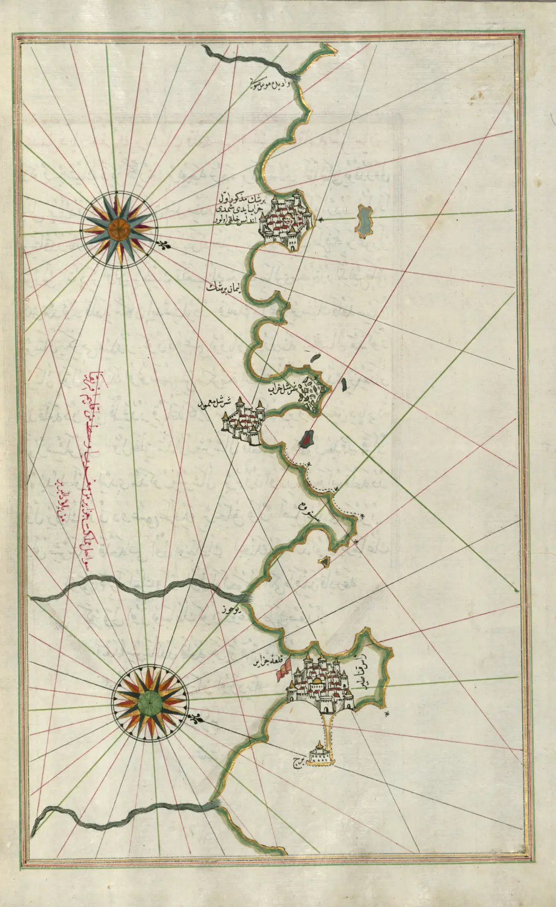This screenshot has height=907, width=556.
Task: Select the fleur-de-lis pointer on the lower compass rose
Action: click(x=196, y=718)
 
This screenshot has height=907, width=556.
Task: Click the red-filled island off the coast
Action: click(x=306, y=438)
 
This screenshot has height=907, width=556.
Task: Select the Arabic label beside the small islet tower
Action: click(x=296, y=761)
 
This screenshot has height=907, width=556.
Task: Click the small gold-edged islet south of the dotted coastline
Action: click(x=325, y=561)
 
